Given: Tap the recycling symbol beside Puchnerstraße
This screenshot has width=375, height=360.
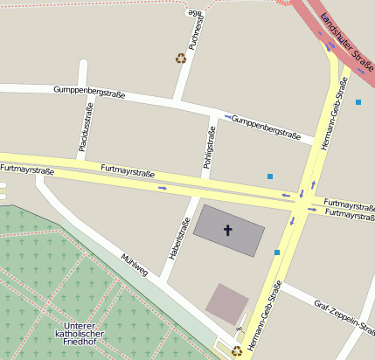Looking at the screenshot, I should point(181,59).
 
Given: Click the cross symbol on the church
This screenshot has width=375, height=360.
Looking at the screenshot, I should point(228,231).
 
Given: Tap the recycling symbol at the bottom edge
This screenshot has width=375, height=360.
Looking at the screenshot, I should point(236,351).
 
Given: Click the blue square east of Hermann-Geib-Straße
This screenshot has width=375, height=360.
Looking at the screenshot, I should point(358,102).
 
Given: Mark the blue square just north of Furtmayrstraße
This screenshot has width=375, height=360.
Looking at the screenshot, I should point(270,177).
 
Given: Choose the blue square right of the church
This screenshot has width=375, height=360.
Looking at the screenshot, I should point(277,253).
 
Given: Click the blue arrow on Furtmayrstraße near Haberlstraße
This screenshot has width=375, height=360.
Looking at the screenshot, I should point(163,187).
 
